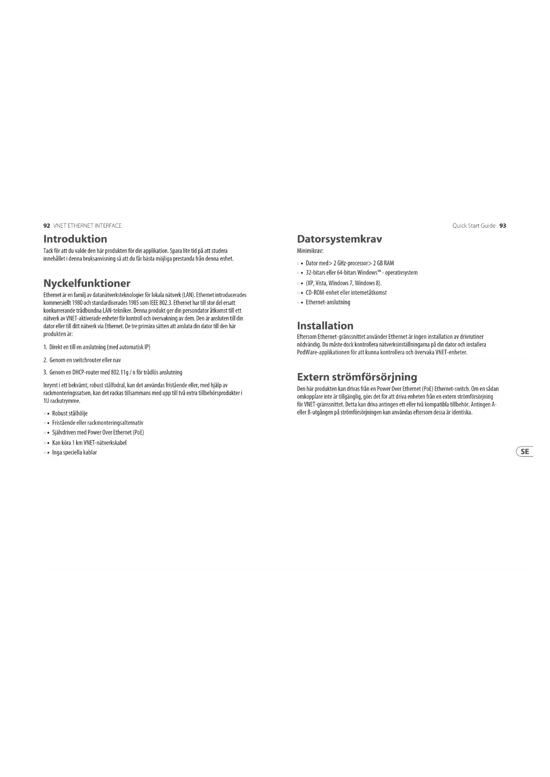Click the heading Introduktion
pos(75,239)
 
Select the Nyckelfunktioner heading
pos(86,284)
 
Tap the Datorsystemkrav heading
pos(339,239)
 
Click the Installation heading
pos(325,326)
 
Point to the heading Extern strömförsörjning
pos(357,377)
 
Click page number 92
pos(47,226)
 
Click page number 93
pos(503,226)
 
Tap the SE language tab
pos(525,451)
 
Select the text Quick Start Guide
pos(473,226)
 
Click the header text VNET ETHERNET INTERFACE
pos(87,226)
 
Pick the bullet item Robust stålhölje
pos(70,413)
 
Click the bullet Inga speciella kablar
pos(74,453)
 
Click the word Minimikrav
pos(310,251)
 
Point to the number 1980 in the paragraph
pos(78,303)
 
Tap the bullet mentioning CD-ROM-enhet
pos(346,293)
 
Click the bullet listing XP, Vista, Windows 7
pos(343,283)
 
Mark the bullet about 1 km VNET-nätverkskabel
pos(89,443)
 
